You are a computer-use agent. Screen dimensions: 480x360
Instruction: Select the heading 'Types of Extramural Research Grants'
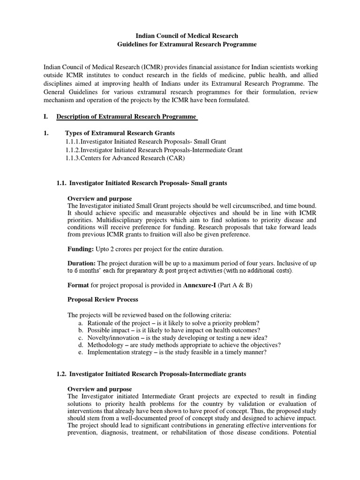click(120, 133)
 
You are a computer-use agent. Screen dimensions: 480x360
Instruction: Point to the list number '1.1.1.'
click(73, 142)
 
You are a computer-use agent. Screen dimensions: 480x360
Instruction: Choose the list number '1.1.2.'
click(73, 150)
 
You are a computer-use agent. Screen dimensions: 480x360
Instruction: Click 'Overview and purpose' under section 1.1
click(100, 198)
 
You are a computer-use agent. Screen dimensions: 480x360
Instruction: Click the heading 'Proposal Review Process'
click(103, 299)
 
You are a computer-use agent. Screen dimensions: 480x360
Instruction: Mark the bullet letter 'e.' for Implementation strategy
click(81, 352)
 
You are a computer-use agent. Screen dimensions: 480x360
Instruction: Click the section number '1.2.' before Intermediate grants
click(62, 374)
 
